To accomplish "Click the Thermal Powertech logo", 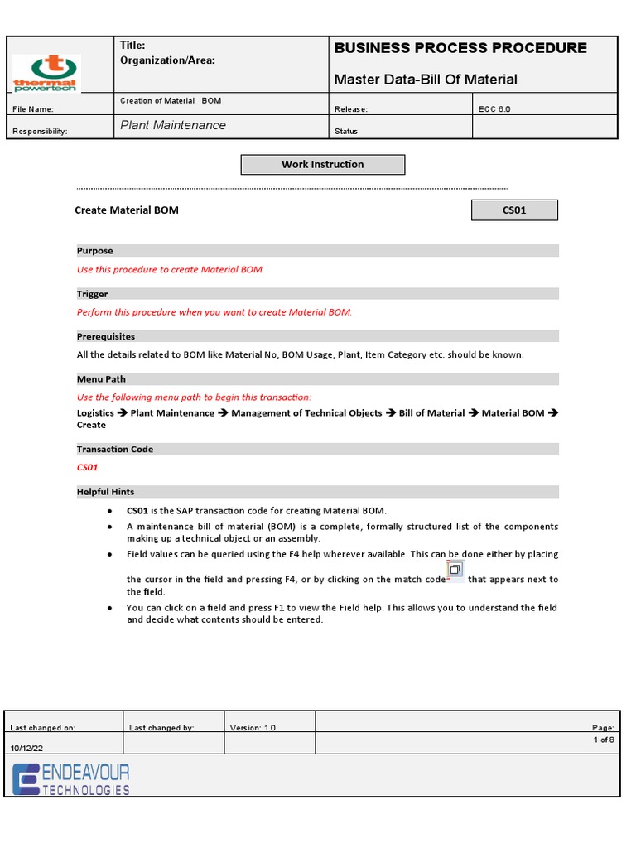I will [46, 74].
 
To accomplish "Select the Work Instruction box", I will [322, 165].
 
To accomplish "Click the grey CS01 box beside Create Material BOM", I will [514, 210].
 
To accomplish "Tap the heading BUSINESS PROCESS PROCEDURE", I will [460, 48].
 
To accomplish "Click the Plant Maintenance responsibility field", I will [173, 125].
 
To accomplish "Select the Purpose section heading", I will [95, 251].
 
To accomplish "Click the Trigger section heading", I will [93, 294].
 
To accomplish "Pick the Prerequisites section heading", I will [106, 337].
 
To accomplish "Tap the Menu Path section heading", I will [101, 379].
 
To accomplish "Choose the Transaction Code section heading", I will [115, 449].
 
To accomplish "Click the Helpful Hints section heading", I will [106, 492].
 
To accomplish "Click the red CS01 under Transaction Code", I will [88, 467].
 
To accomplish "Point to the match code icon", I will [455, 571].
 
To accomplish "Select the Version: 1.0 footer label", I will [253, 728].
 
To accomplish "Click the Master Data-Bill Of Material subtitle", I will [426, 79].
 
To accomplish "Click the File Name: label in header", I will [33, 109].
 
